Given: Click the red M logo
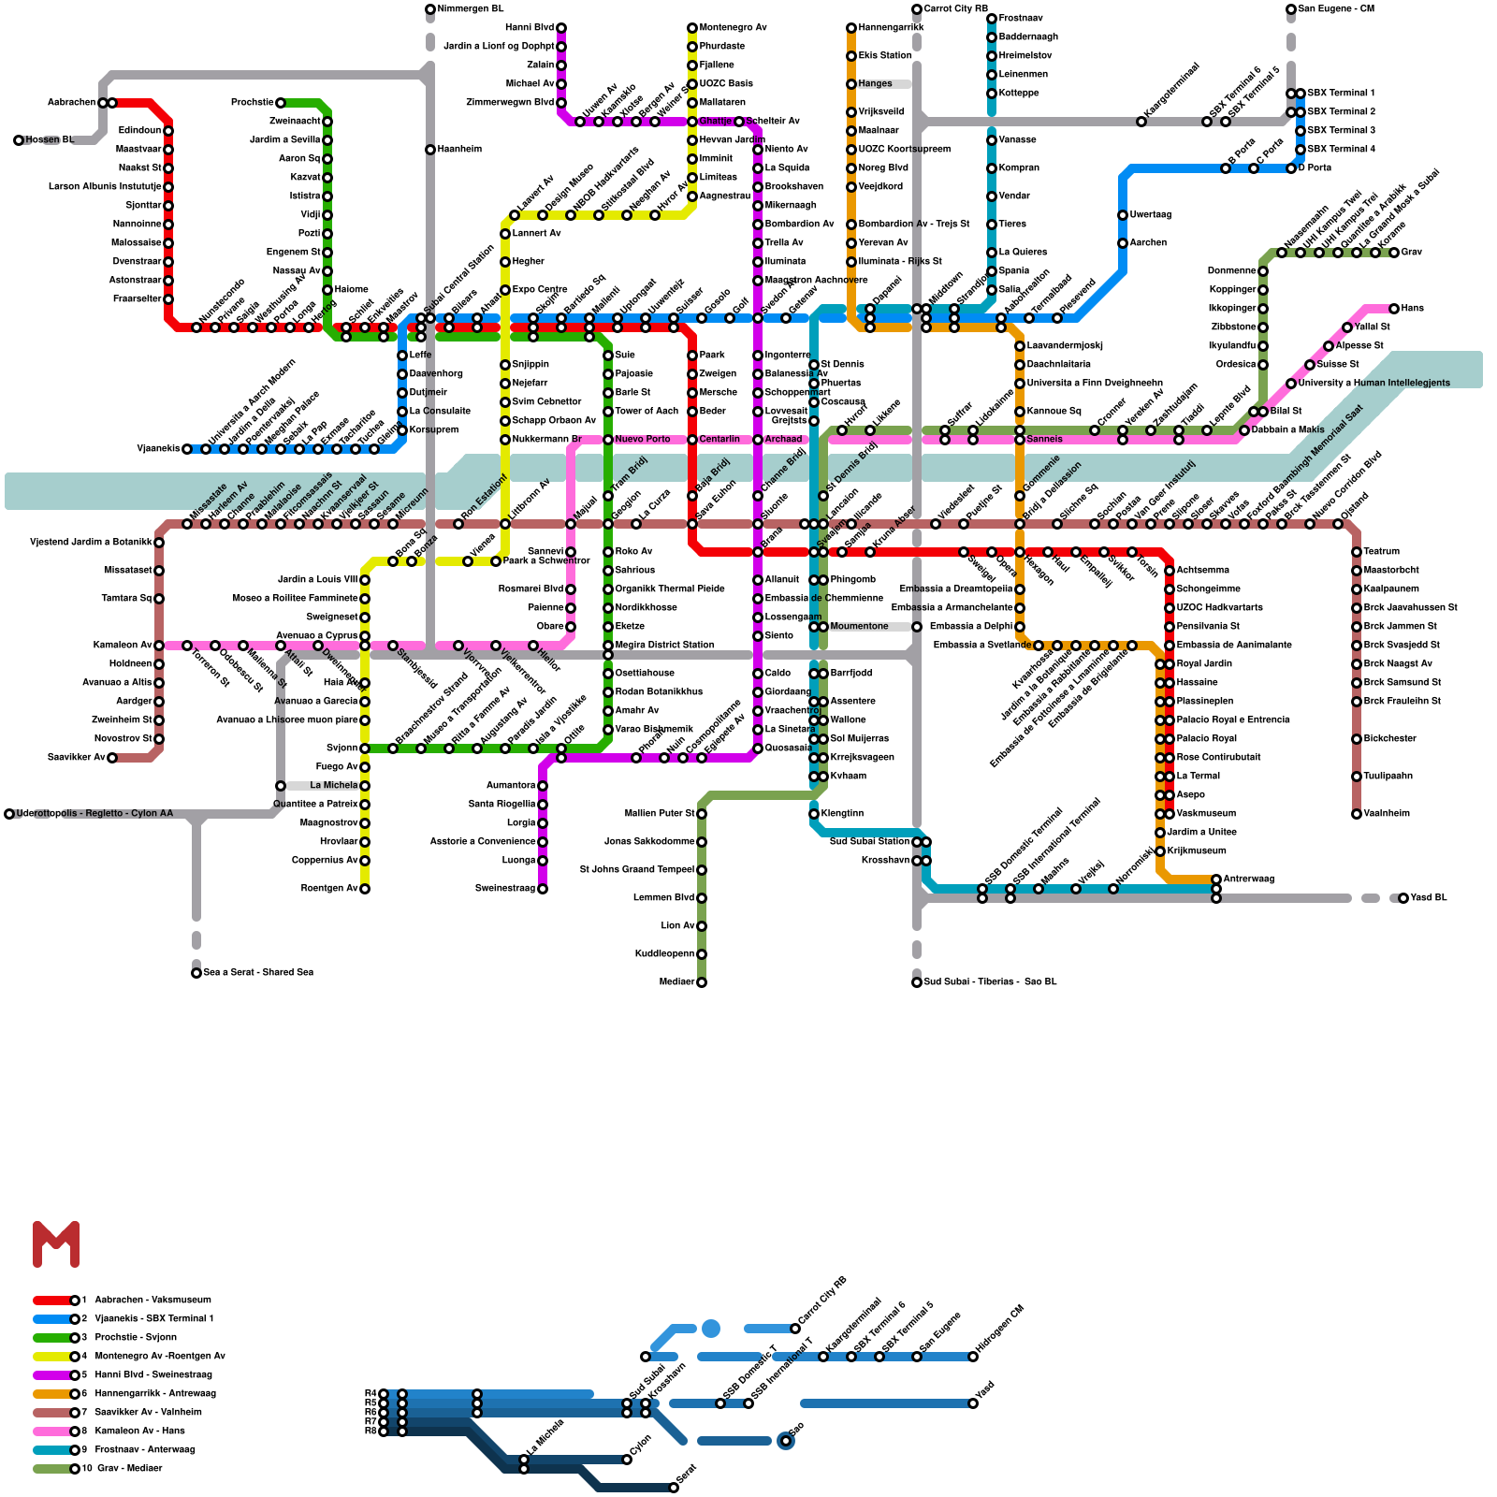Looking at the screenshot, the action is tap(56, 1244).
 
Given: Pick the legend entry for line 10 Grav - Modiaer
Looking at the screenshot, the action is tap(128, 1468).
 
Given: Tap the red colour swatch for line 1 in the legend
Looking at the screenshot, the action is tap(51, 1301).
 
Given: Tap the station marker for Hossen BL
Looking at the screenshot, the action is tap(19, 140).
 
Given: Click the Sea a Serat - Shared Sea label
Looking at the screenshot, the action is tap(258, 973).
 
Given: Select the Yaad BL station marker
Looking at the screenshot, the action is tap(1403, 898).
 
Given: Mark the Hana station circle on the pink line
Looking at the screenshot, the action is tap(1394, 309).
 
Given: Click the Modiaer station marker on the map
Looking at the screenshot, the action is tap(702, 982).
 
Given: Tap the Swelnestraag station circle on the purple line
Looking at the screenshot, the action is tap(543, 889).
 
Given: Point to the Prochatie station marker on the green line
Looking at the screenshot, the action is tap(281, 103).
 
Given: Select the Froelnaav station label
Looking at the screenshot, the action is tap(1021, 19).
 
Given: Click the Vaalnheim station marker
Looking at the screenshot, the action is tap(1357, 814).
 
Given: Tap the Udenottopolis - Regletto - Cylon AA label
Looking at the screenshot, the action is tap(94, 814).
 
